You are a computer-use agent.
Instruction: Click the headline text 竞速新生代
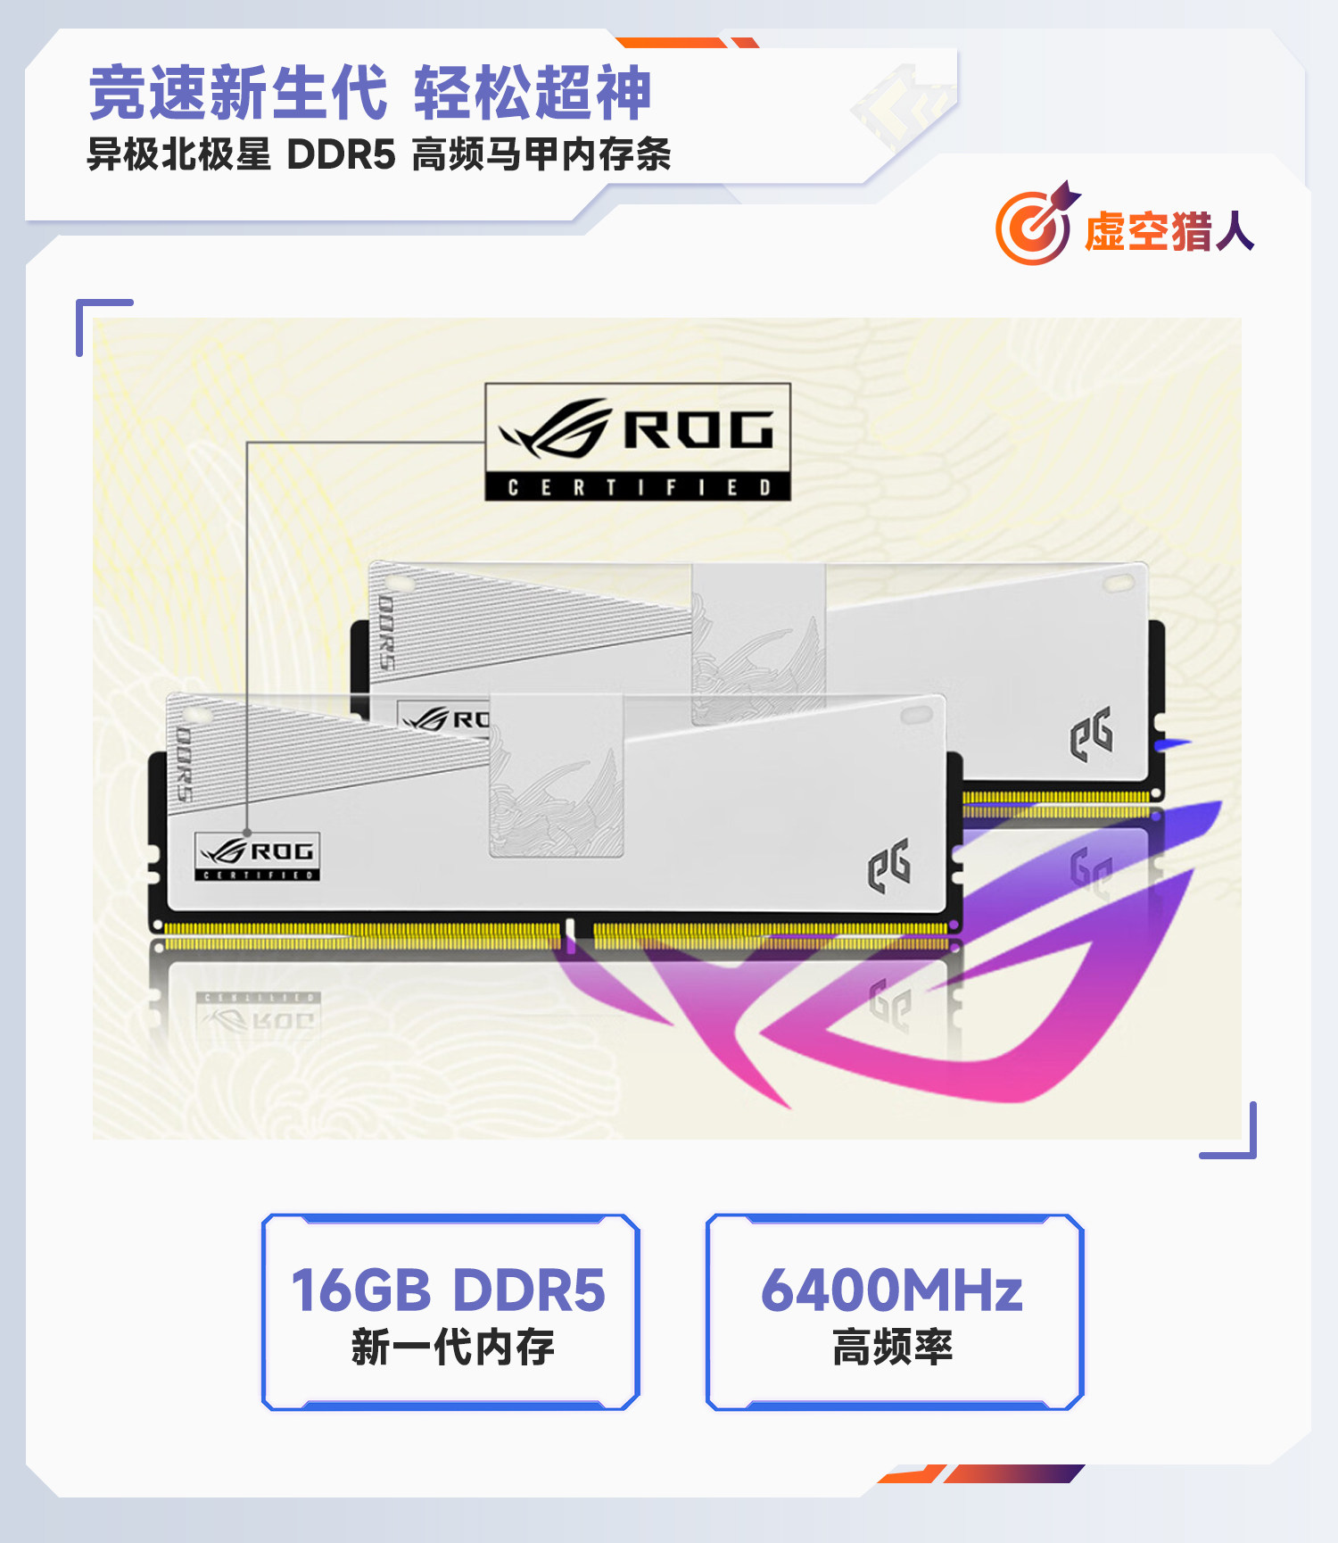[238, 93]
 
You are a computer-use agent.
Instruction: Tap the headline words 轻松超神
[533, 93]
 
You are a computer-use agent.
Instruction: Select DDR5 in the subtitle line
[341, 155]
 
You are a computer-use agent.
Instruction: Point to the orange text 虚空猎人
[1169, 232]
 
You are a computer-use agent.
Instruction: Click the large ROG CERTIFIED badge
[638, 442]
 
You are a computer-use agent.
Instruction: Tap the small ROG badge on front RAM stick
[257, 857]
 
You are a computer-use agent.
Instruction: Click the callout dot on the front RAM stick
[247, 833]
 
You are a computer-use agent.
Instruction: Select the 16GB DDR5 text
[449, 1290]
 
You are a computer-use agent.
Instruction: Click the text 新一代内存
[452, 1347]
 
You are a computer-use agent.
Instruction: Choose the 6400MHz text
[892, 1290]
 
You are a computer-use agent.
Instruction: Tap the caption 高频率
[892, 1347]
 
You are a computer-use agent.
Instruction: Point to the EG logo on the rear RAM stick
[1091, 734]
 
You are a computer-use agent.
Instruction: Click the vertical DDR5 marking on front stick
[184, 764]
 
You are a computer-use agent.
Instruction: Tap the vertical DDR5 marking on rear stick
[386, 632]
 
